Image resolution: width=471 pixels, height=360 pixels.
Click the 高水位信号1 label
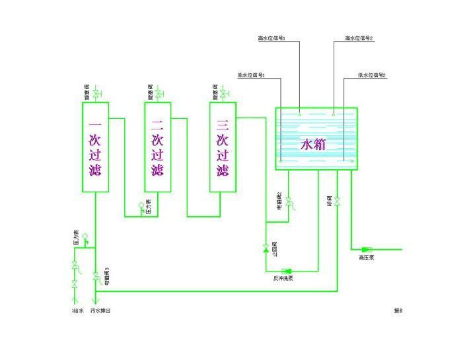pyautogui.click(x=271, y=38)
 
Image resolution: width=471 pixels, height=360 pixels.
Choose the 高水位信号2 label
pyautogui.click(x=359, y=38)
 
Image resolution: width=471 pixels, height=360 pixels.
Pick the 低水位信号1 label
pyautogui.click(x=251, y=75)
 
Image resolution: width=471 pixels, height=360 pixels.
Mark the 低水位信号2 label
pyautogui.click(x=372, y=75)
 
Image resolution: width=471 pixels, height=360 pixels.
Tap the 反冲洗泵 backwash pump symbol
pyautogui.click(x=287, y=270)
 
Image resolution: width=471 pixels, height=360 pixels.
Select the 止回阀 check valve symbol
pyautogui.click(x=266, y=249)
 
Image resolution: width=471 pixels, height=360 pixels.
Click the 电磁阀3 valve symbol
pyautogui.click(x=96, y=274)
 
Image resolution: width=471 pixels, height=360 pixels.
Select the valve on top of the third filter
pyautogui.click(x=223, y=94)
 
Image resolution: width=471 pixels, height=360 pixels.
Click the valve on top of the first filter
pyautogui.click(x=94, y=94)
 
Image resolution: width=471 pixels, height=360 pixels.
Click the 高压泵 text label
pyautogui.click(x=367, y=258)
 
